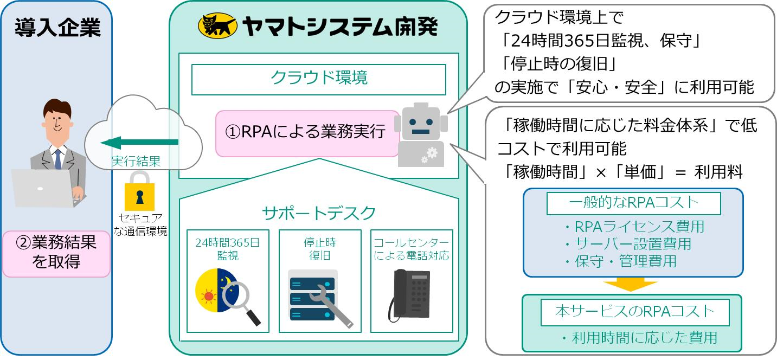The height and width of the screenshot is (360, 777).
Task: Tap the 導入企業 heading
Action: click(57, 27)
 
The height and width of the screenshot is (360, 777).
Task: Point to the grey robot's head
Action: click(420, 124)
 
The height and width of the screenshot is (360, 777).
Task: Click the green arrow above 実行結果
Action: click(139, 142)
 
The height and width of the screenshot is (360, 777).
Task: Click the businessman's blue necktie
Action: click(57, 159)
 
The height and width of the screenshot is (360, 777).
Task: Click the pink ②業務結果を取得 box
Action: click(56, 252)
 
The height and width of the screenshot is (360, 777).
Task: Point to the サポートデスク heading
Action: click(318, 213)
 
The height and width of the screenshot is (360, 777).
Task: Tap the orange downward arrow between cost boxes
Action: click(630, 284)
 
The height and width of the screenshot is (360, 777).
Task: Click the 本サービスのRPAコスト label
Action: click(634, 312)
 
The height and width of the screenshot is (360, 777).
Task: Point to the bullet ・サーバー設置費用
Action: click(627, 244)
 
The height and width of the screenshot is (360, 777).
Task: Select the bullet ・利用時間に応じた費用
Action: click(639, 338)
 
